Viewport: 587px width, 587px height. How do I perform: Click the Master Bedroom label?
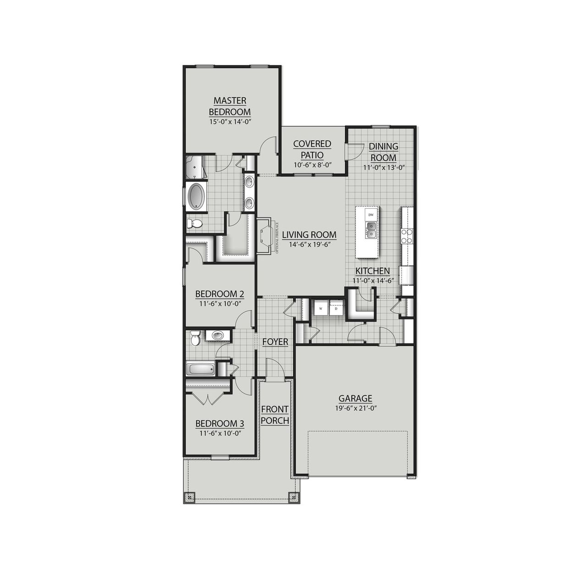pyautogui.click(x=230, y=106)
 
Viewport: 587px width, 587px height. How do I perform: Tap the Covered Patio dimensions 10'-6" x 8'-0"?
pyautogui.click(x=312, y=165)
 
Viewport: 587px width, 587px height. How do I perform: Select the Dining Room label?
pyautogui.click(x=383, y=152)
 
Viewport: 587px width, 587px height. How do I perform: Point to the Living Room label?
pyautogui.click(x=309, y=235)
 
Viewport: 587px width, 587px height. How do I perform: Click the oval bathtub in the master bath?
pyautogui.click(x=197, y=197)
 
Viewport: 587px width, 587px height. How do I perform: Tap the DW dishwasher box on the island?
pyautogui.click(x=371, y=214)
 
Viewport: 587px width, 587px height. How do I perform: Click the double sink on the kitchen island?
pyautogui.click(x=371, y=230)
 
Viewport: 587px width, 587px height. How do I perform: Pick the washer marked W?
pyautogui.click(x=321, y=309)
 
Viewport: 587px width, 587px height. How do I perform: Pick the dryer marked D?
pyautogui.click(x=336, y=309)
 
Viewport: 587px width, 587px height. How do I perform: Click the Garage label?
pyautogui.click(x=355, y=399)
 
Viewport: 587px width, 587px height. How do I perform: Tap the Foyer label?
pyautogui.click(x=275, y=342)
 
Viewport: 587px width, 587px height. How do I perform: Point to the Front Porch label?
pyautogui.click(x=275, y=415)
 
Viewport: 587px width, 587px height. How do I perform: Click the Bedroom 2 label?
pyautogui.click(x=219, y=294)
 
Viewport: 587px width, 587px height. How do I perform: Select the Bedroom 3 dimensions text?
pyautogui.click(x=219, y=432)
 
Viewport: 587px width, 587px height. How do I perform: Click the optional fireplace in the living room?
pyautogui.click(x=266, y=236)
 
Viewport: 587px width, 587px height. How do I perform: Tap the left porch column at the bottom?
pyautogui.click(x=191, y=496)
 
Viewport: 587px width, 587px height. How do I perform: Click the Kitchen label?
pyautogui.click(x=372, y=271)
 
